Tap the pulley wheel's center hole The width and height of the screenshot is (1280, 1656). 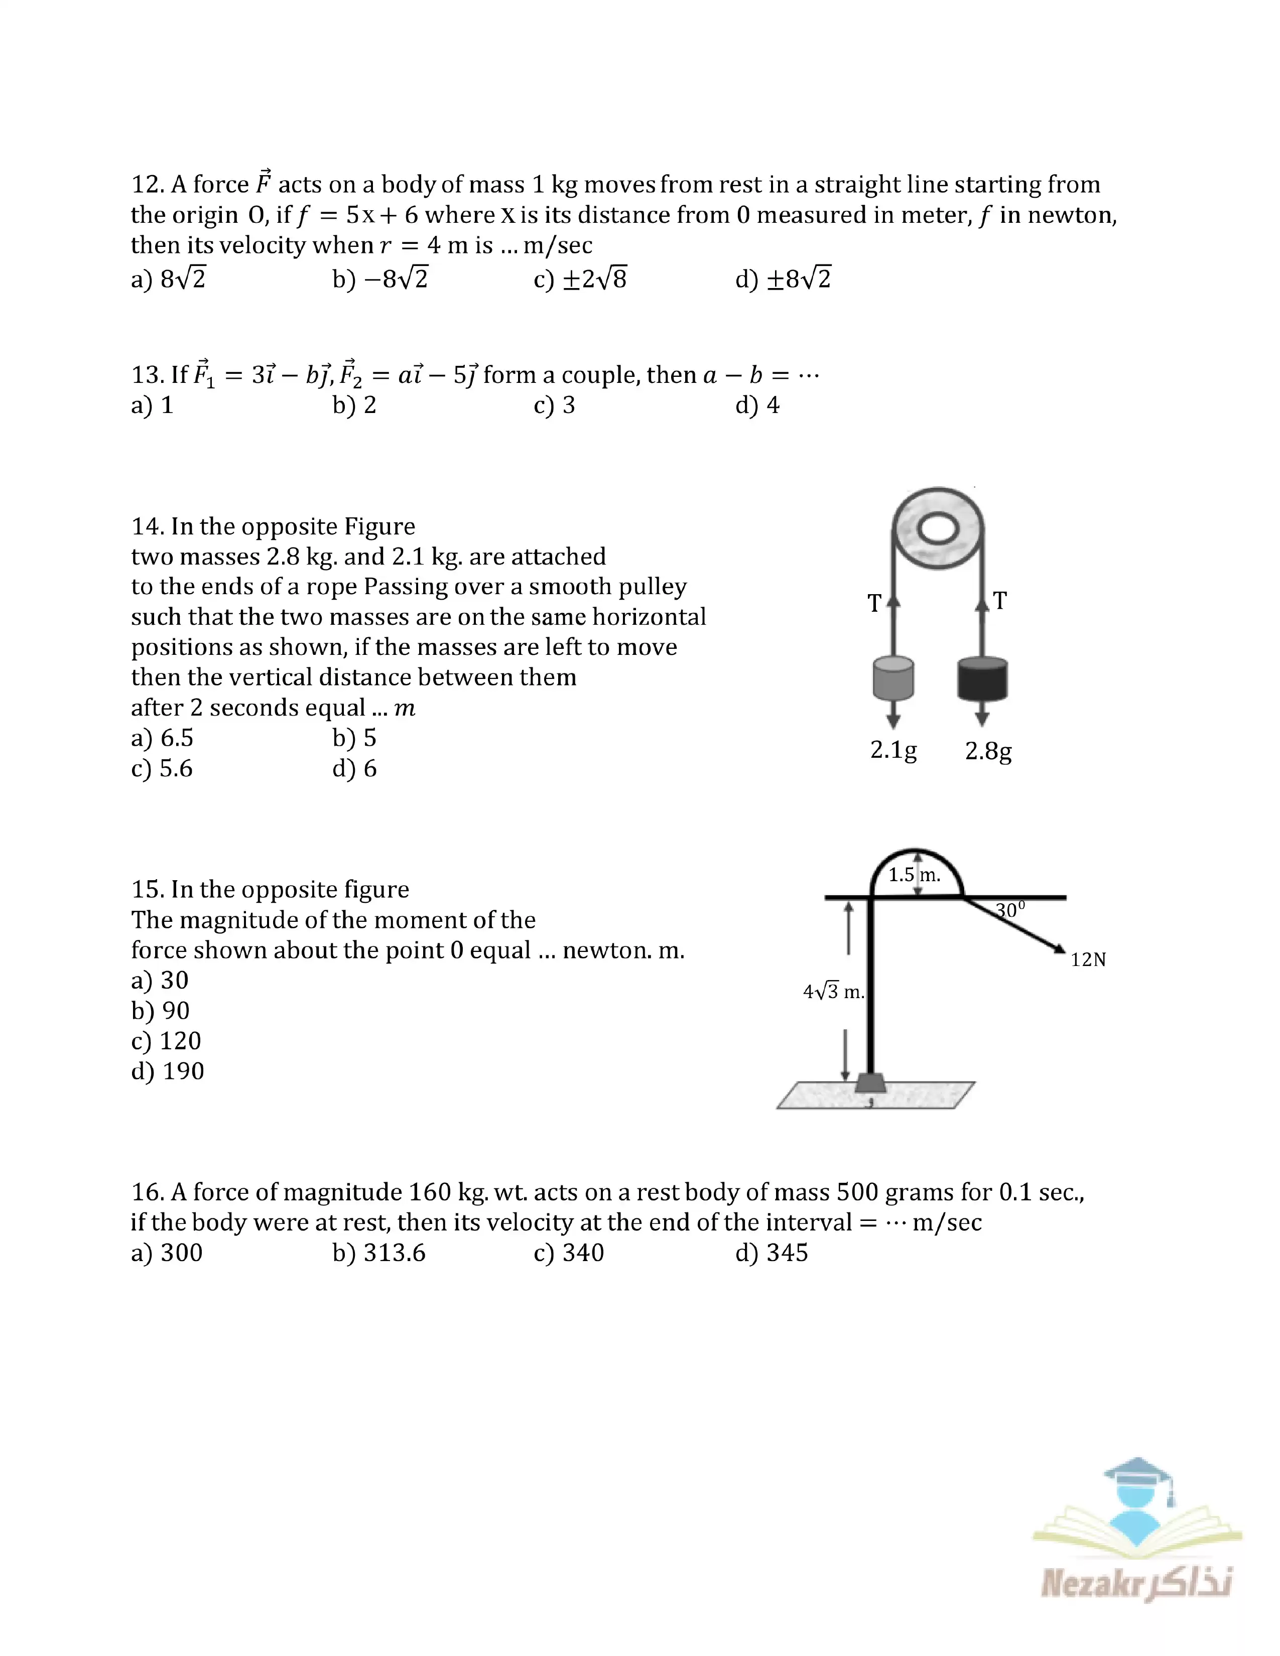point(938,528)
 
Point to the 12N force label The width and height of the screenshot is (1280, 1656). point(1088,960)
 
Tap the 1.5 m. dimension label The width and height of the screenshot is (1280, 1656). point(914,875)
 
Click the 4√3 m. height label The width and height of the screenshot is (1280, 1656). point(833,992)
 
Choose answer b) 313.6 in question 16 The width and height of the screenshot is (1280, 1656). point(379,1253)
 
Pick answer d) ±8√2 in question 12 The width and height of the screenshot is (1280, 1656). point(784,279)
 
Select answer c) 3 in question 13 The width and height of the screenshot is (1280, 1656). point(554,405)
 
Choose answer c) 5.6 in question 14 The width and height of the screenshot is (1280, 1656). point(162,768)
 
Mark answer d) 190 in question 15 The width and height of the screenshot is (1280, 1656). point(168,1071)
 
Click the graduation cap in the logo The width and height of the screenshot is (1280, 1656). point(1137,1475)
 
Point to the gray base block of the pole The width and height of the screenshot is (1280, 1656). point(870,1083)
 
